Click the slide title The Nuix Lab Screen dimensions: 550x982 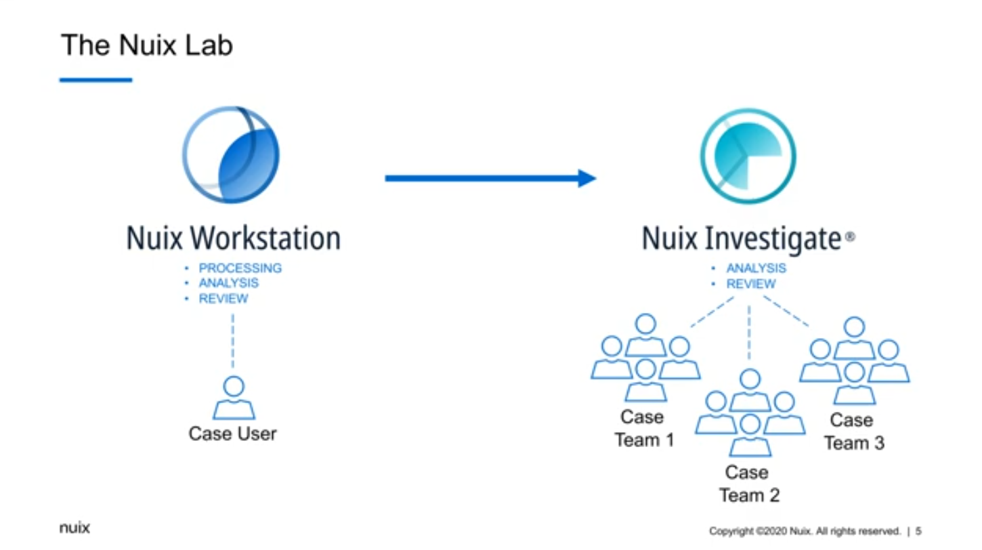pos(146,45)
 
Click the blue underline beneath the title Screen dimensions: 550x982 pos(95,81)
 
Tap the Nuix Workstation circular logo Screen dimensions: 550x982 pos(230,155)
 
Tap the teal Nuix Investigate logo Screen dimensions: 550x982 pos(748,156)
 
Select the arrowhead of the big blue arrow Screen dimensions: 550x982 pos(586,178)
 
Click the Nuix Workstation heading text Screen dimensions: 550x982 pos(233,238)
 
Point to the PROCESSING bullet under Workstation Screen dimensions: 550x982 pos(240,268)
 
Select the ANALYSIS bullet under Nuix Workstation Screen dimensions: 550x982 pos(228,283)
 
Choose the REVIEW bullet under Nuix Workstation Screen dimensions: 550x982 pos(223,299)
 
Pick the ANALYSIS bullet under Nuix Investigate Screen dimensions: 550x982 pos(756,268)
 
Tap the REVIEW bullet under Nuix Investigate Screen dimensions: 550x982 pos(750,284)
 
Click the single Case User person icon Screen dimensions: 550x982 pos(234,398)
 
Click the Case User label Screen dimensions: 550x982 pos(232,433)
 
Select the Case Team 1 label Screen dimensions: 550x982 pos(643,429)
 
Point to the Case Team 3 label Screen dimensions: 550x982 pos(853,431)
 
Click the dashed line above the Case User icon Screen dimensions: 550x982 pos(233,341)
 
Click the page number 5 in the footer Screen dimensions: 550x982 pos(919,531)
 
